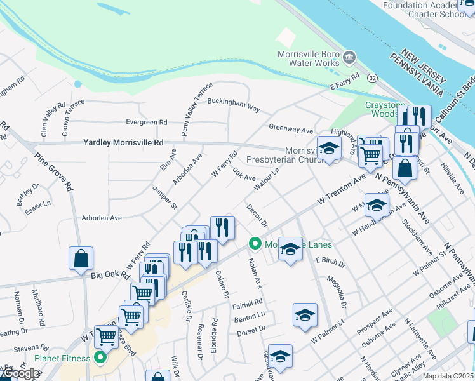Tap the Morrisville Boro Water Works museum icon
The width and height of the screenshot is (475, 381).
coord(349,59)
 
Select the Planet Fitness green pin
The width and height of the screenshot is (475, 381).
coord(100,358)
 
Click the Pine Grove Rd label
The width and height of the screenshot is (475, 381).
coord(53,171)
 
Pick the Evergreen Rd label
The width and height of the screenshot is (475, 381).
coord(146,122)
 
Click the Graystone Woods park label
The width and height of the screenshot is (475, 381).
coord(382,109)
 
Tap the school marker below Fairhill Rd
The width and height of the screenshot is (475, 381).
coord(305,314)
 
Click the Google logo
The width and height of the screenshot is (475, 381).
coord(20,373)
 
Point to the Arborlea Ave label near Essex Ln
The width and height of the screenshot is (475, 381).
coord(102,218)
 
